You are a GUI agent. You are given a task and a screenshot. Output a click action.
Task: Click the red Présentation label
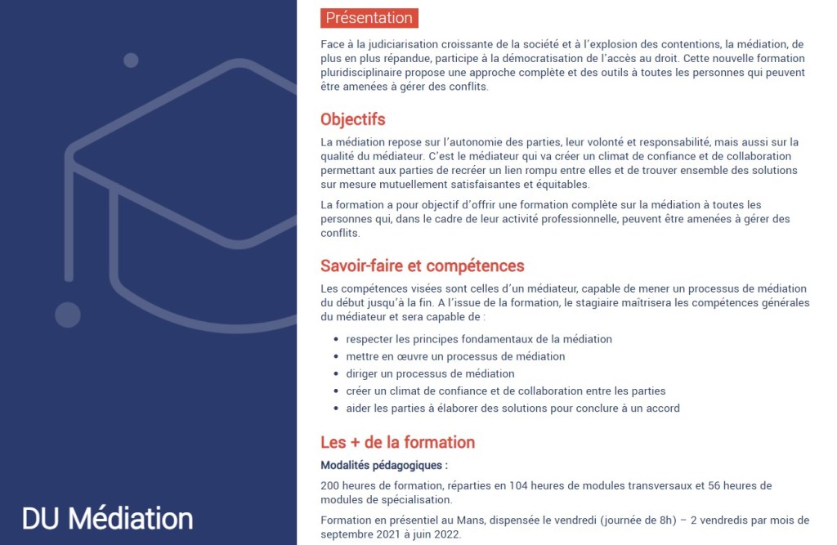tap(369, 18)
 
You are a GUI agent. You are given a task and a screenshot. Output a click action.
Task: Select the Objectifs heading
tap(352, 120)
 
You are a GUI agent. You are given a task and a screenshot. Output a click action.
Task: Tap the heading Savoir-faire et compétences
tap(422, 266)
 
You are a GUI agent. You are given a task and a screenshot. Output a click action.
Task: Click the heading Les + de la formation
tap(397, 443)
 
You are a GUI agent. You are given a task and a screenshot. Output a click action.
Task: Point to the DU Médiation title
tap(107, 518)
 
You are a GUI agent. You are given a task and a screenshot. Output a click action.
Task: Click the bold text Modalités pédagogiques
tap(383, 466)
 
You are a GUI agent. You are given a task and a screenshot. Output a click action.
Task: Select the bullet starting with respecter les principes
tap(478, 339)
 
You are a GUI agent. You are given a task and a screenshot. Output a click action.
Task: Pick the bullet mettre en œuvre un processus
tap(455, 356)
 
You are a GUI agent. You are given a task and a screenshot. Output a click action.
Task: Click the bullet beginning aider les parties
tap(512, 408)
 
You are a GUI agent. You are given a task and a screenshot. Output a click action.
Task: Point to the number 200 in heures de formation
tap(330, 485)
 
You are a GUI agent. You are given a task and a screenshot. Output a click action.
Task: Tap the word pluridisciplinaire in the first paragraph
tap(364, 73)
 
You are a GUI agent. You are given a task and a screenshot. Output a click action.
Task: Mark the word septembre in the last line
tap(346, 534)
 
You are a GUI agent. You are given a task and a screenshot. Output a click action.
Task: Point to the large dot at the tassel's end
tap(68, 315)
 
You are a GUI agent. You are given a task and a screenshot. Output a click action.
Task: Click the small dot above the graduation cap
tap(131, 60)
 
